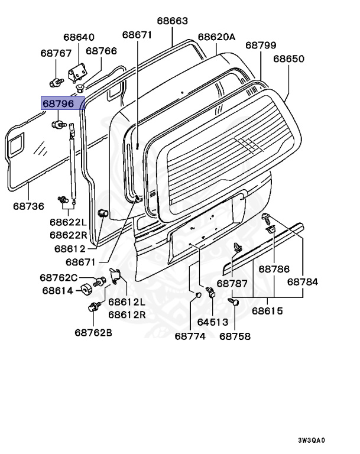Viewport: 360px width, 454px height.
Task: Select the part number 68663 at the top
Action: tap(172, 21)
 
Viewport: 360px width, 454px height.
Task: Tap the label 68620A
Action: tap(216, 37)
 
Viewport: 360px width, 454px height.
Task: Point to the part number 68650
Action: tap(288, 59)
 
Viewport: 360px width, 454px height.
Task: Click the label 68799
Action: tap(261, 45)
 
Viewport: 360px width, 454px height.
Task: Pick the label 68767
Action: tap(56, 53)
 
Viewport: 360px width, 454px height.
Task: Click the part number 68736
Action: tap(29, 206)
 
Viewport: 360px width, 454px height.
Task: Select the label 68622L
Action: tap(68, 222)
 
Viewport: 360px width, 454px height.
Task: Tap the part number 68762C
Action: tap(59, 277)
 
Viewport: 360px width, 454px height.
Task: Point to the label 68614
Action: tap(57, 291)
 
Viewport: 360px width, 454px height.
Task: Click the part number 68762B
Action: tap(93, 332)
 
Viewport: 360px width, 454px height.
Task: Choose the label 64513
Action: tap(212, 323)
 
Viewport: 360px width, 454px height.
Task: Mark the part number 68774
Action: tap(190, 336)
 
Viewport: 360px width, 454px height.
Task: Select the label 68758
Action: tap(235, 336)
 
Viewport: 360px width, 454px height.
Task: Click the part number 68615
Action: tap(267, 311)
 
